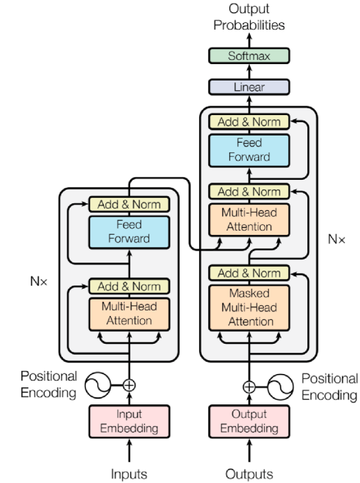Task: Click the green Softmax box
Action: (249, 56)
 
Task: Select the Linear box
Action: (249, 87)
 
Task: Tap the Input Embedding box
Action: (129, 421)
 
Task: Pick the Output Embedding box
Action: (249, 421)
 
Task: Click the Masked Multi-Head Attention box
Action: (249, 307)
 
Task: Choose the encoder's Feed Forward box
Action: (129, 232)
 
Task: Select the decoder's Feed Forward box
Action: (249, 150)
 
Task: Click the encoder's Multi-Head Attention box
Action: (129, 314)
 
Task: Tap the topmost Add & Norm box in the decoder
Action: (249, 122)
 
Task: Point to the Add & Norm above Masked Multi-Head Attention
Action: (249, 273)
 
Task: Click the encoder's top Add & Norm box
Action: (129, 204)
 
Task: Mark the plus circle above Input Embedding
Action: (129, 385)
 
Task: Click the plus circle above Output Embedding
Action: (249, 387)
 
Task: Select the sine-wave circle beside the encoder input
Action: (98, 385)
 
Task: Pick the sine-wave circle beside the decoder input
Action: (280, 387)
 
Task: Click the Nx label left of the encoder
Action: (39, 281)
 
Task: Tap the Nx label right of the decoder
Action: (336, 239)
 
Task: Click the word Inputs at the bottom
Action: (129, 474)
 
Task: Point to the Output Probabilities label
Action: (249, 16)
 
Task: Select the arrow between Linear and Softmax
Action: (249, 71)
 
